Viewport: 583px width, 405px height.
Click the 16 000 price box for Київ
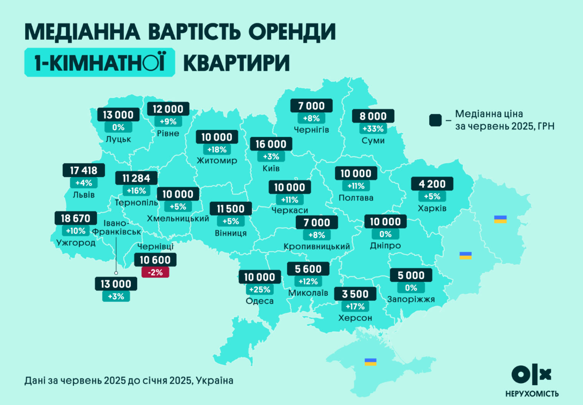pos(271,144)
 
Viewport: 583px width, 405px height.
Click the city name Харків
pos(432,208)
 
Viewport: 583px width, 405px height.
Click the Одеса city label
pos(259,301)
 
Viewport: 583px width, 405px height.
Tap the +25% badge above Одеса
pos(259,289)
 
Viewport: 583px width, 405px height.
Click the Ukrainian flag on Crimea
pos(370,362)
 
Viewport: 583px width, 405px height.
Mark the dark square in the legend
pos(435,120)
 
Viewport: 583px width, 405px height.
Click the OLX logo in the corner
pos(531,375)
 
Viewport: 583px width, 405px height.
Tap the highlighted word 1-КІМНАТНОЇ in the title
pos(100,62)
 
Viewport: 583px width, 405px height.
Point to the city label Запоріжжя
pos(410,300)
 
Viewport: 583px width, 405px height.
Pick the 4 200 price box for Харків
pos(432,184)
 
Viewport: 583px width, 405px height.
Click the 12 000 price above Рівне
pos(168,109)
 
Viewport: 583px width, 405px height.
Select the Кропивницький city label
pos(316,246)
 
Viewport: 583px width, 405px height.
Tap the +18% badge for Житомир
pos(217,149)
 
